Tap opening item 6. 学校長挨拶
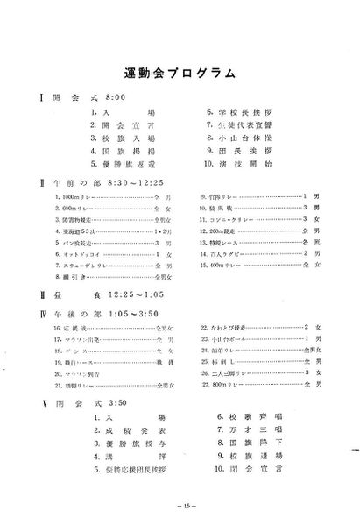[x=233, y=113]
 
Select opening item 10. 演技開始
[x=233, y=163]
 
